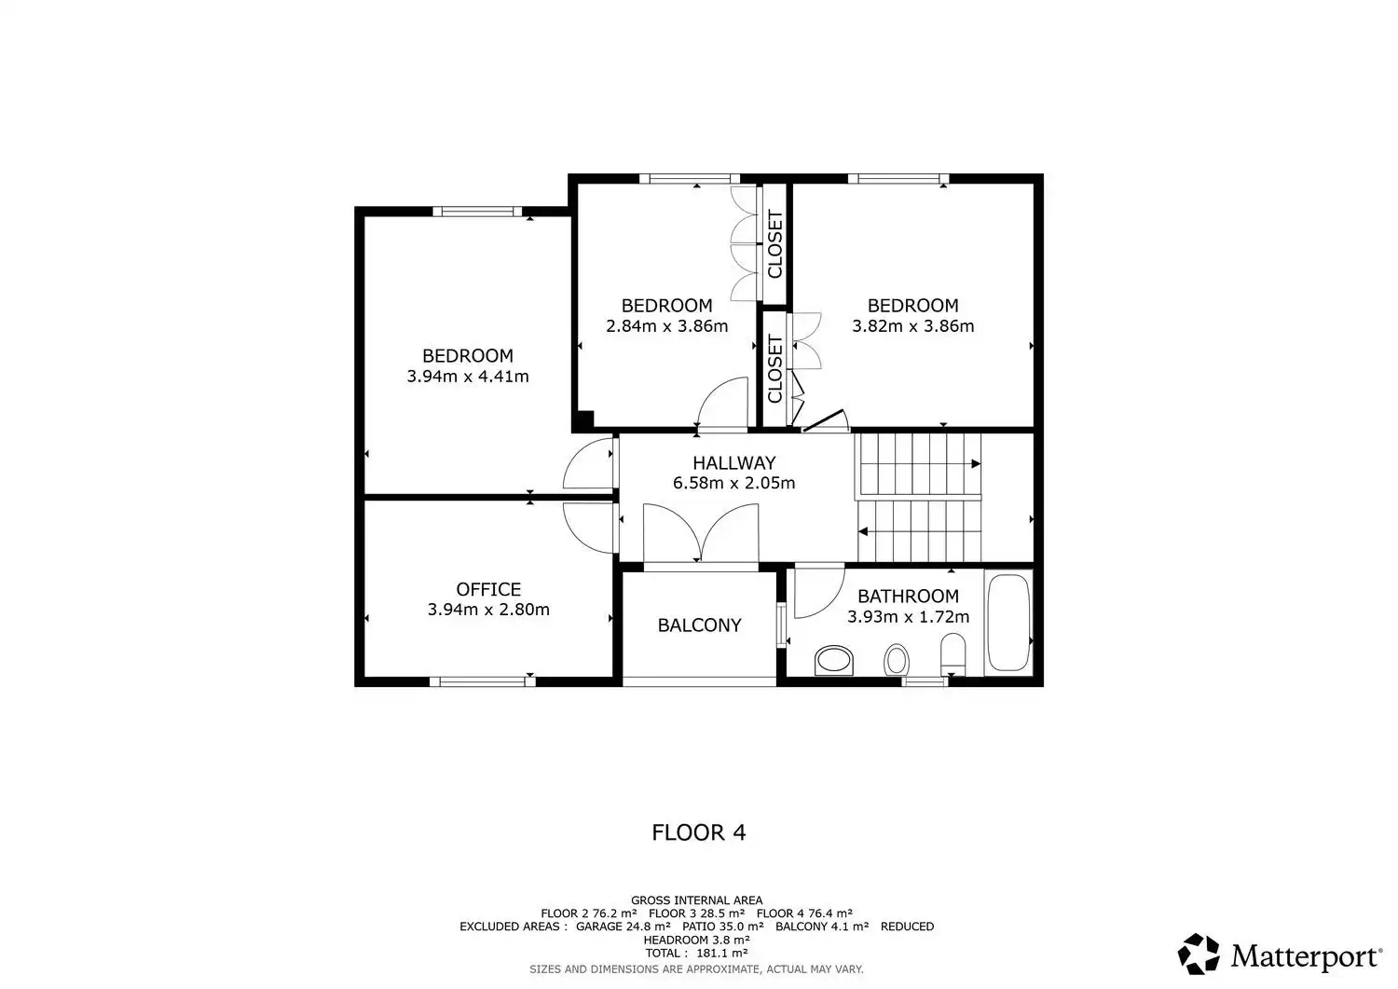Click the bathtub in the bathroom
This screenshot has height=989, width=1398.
(1008, 623)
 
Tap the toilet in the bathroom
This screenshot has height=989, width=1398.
(953, 655)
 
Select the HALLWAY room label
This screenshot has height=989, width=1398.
(734, 462)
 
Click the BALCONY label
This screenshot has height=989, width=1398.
(699, 625)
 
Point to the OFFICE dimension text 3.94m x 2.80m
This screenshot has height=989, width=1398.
(488, 610)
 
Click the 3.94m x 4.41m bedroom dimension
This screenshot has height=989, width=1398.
(468, 377)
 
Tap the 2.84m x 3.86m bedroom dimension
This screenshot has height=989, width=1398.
(666, 326)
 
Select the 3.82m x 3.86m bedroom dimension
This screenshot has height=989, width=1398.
(913, 326)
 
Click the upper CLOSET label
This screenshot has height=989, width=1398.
(774, 244)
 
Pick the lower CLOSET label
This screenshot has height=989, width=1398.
(774, 368)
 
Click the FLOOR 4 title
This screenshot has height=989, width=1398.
(699, 832)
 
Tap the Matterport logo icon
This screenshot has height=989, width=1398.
(1199, 954)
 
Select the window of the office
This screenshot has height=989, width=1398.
(483, 681)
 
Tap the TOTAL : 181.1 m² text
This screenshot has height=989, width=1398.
(696, 953)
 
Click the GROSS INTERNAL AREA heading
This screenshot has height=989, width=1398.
(696, 900)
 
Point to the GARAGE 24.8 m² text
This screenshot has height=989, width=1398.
(623, 927)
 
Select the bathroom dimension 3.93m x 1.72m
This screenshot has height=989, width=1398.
(908, 617)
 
